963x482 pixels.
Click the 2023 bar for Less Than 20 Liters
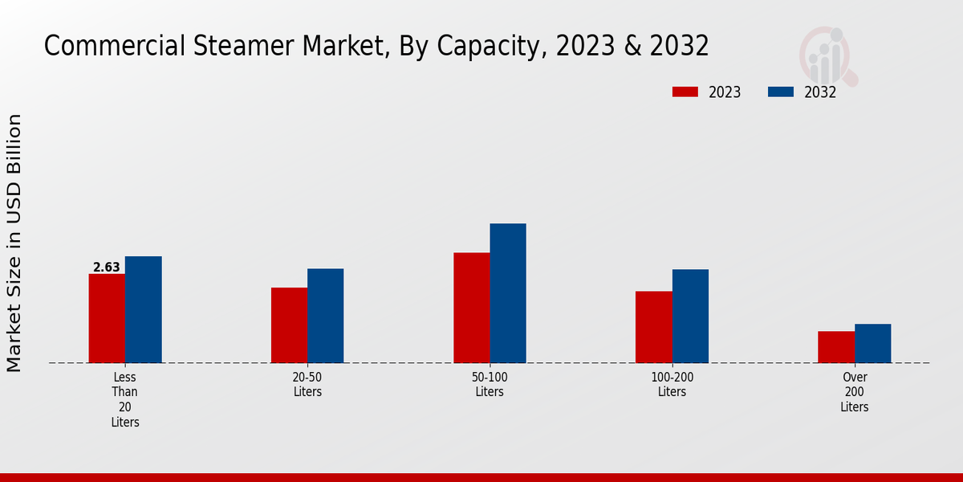tap(107, 318)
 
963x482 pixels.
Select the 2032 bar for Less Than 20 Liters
tap(143, 309)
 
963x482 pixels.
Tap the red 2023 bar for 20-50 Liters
tap(289, 325)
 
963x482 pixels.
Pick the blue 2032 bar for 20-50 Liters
tap(325, 316)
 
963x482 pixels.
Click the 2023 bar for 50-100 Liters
tap(471, 308)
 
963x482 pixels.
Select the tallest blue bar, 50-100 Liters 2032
tap(508, 293)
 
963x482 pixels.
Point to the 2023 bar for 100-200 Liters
tap(653, 327)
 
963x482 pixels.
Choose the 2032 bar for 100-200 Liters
tap(690, 316)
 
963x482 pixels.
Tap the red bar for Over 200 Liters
tap(836, 347)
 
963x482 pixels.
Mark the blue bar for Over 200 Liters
tap(872, 343)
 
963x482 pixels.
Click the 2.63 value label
tap(107, 268)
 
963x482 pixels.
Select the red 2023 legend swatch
tap(685, 92)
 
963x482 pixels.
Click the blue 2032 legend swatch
tap(781, 92)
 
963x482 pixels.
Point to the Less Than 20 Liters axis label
tap(125, 399)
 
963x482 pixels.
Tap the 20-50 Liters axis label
tap(307, 384)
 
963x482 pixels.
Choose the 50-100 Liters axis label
tap(490, 384)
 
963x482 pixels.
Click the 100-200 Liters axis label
tap(672, 384)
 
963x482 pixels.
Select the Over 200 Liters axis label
tap(855, 392)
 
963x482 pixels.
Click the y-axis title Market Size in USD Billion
tap(14, 243)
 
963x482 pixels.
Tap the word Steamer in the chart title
tap(244, 47)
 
